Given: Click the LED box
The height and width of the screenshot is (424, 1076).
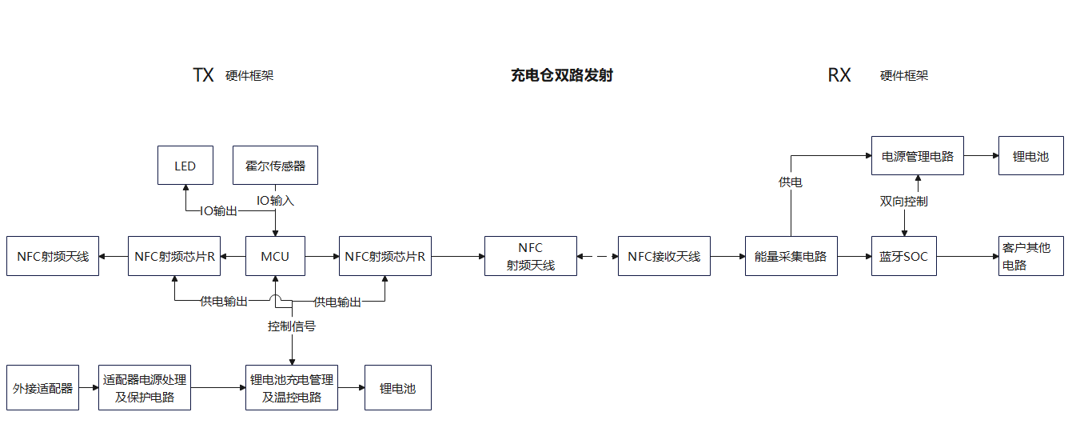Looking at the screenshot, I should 185,166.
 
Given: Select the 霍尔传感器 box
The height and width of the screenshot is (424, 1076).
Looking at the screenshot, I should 275,166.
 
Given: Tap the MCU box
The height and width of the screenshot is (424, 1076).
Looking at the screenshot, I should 275,257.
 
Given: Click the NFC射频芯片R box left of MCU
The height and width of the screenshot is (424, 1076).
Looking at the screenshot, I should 174,257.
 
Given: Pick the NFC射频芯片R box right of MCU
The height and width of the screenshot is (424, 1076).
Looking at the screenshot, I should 385,257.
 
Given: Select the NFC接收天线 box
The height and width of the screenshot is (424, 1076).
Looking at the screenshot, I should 664,257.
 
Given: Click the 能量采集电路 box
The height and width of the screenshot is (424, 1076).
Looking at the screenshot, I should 791,257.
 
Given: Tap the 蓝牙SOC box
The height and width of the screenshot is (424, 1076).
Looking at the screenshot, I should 904,257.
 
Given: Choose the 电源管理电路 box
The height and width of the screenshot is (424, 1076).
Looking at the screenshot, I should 918,156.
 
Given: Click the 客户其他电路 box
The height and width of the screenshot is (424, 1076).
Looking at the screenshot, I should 1030,256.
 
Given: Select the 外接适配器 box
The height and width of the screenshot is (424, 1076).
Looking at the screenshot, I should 43,388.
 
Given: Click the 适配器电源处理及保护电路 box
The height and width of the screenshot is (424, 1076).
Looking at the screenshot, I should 145,388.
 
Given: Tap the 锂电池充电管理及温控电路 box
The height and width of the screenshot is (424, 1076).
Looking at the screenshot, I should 292,388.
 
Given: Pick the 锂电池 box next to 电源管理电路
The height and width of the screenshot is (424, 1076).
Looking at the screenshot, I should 1030,156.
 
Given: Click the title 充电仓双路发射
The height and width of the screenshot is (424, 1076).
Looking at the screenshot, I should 561,76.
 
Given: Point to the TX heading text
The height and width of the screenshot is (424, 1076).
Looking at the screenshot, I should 203,76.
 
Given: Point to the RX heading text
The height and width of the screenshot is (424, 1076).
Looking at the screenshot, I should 839,76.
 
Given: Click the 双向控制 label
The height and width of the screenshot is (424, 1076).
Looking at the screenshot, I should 903,202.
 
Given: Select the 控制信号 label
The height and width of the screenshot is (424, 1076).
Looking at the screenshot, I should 291,326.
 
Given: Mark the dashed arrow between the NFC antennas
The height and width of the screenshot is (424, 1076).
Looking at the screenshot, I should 597,257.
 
